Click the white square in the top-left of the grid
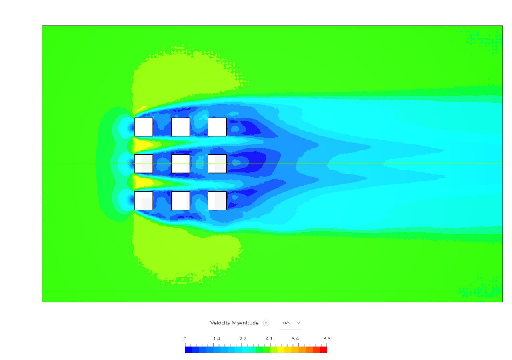(x=144, y=127)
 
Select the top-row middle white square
(x=180, y=127)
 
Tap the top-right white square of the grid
(x=217, y=127)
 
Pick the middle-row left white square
(x=144, y=164)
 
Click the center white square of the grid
(x=180, y=164)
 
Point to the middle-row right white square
(x=217, y=164)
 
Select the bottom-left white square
(x=144, y=200)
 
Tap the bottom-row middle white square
(x=180, y=200)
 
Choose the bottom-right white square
(x=217, y=200)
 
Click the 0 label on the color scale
(x=185, y=338)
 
